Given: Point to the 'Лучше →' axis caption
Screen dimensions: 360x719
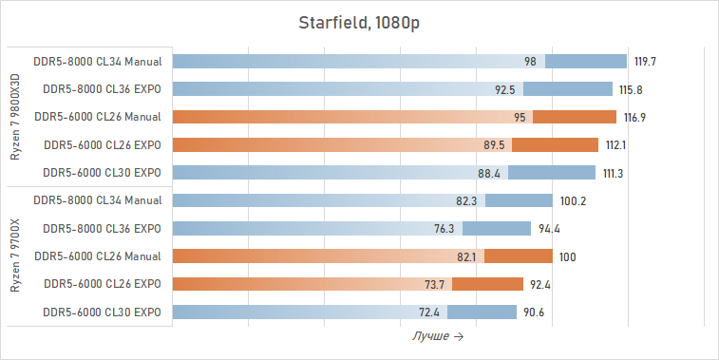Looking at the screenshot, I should click(x=438, y=336).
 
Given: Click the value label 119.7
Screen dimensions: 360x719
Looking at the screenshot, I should click(x=646, y=62).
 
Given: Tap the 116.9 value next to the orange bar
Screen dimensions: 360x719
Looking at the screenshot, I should click(x=635, y=118).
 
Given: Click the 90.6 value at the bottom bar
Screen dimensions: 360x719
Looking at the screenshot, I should click(x=535, y=312).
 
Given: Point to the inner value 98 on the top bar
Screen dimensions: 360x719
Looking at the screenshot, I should click(x=530, y=62).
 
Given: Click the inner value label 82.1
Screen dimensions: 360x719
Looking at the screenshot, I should click(x=466, y=256).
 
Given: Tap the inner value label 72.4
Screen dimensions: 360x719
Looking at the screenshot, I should click(x=428, y=312).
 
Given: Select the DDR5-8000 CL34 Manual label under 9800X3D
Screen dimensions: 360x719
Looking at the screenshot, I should click(x=97, y=62).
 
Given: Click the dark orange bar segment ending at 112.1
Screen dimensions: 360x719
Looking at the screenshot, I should click(x=556, y=145).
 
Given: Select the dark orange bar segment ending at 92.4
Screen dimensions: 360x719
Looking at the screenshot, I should click(x=487, y=284).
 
